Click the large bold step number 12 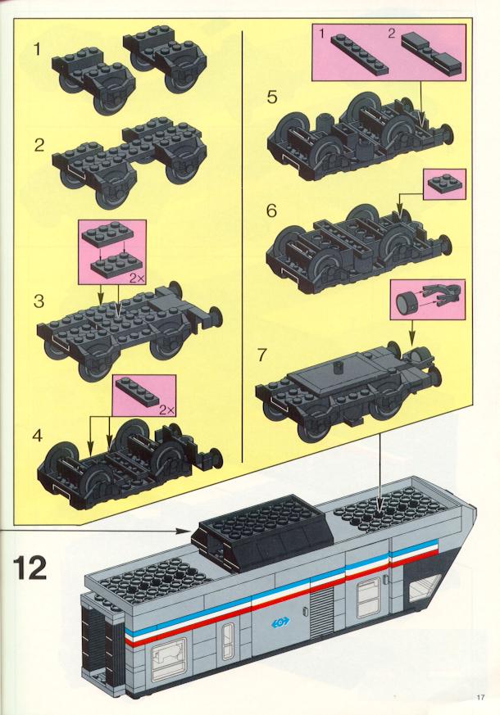(30, 568)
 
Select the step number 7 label (261, 355)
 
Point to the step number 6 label (271, 210)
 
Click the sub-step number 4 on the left (38, 436)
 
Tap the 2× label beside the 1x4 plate (166, 410)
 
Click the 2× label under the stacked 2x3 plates (137, 278)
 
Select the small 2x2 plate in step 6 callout (444, 184)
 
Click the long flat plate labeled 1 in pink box (360, 54)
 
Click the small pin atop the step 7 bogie (339, 367)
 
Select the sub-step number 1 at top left (38, 49)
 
